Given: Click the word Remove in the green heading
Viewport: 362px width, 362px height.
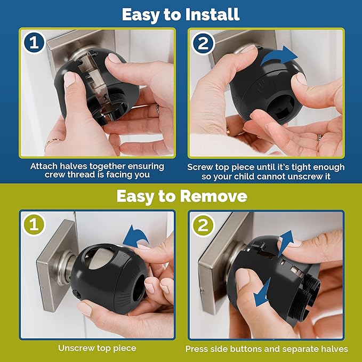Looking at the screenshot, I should click(214, 196).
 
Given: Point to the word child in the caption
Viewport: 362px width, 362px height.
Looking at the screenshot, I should click(248, 176).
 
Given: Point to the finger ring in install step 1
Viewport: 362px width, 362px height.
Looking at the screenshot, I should click(157, 108).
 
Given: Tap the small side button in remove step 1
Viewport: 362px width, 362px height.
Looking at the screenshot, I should click(77, 294).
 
